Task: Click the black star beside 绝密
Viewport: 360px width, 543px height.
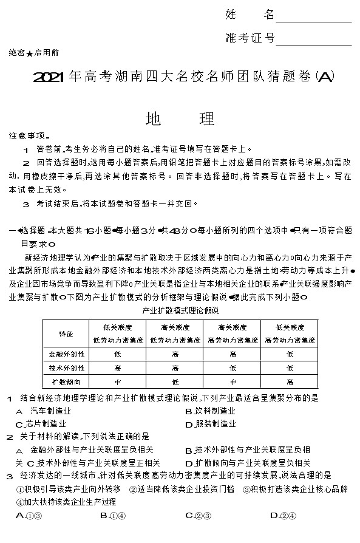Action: click(29, 53)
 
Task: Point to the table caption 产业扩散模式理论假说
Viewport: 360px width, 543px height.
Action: click(179, 310)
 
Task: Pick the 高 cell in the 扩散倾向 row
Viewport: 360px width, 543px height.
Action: click(290, 382)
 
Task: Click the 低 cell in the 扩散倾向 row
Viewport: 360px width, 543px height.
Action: click(175, 382)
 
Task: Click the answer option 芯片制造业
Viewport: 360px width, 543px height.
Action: click(42, 424)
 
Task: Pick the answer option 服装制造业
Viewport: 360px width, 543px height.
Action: click(210, 424)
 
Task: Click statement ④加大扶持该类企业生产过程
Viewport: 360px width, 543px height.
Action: click(66, 502)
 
